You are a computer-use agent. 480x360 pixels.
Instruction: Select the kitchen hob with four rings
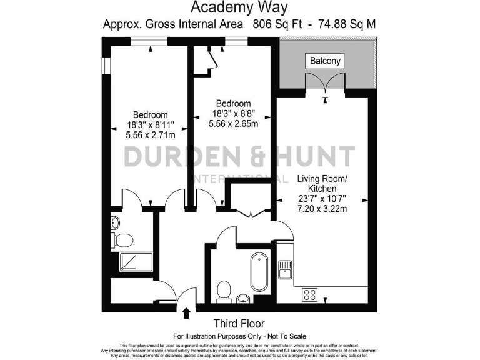311,294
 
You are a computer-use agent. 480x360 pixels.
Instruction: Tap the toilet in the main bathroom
224,291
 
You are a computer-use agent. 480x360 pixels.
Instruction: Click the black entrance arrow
186,312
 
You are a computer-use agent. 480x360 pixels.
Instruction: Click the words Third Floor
239,324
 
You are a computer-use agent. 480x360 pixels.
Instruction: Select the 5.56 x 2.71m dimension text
150,134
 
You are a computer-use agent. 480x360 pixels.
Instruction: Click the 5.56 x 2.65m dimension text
233,123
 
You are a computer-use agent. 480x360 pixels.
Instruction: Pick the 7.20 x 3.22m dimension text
322,209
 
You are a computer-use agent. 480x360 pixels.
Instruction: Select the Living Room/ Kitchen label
322,184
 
